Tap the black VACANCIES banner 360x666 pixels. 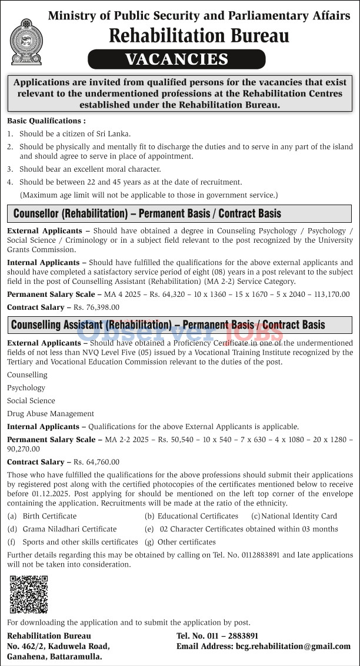pyautogui.click(x=176, y=59)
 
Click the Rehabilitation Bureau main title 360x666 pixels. pyautogui.click(x=199, y=36)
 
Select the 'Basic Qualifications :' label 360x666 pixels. pyautogui.click(x=46, y=121)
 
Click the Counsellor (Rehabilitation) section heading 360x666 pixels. pyautogui.click(x=147, y=213)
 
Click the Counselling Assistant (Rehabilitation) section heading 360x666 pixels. pyautogui.click(x=168, y=324)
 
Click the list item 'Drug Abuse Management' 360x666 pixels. pyautogui.click(x=51, y=413)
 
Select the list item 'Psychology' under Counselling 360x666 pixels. pyautogui.click(x=26, y=387)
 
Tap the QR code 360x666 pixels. pyautogui.click(x=29, y=595)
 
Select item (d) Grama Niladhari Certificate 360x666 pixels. pyautogui.click(x=69, y=529)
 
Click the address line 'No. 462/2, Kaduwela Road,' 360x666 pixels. pyautogui.click(x=58, y=646)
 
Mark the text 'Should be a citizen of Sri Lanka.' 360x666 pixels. pyautogui.click(x=75, y=133)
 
